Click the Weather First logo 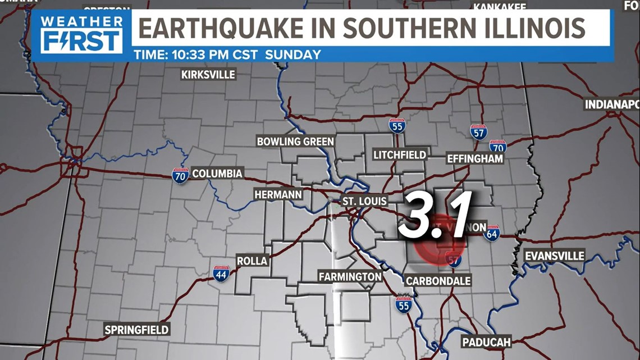[x=81, y=34]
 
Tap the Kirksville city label [x=208, y=75]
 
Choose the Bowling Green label [x=295, y=142]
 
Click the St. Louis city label [x=365, y=201]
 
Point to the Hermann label [x=278, y=194]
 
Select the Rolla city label [x=252, y=261]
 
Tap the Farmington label [x=350, y=276]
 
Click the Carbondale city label [x=438, y=280]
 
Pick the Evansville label [x=554, y=256]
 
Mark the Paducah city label [x=486, y=341]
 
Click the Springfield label [x=136, y=330]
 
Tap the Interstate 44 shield [x=221, y=274]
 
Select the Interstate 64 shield [x=491, y=233]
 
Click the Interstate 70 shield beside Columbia [x=180, y=176]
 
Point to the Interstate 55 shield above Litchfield [x=397, y=126]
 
